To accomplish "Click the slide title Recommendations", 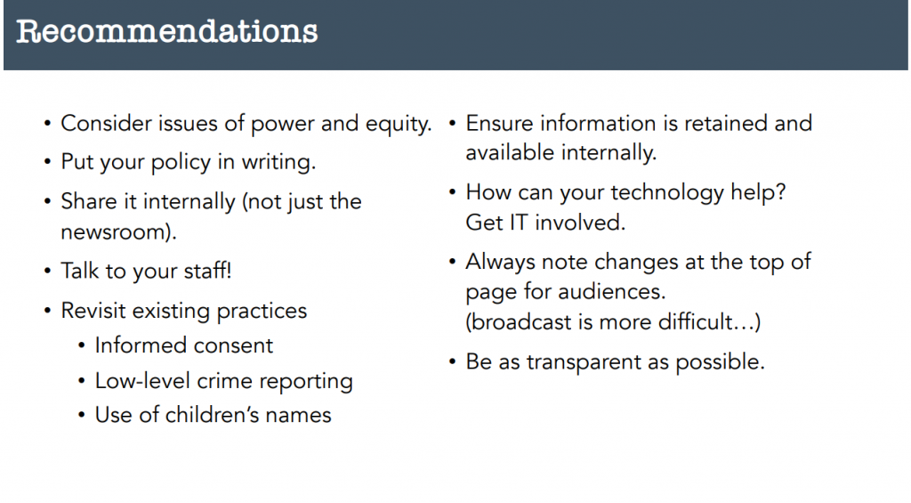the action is point(166,31).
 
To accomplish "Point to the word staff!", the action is point(207,271).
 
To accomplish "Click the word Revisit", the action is point(93,311).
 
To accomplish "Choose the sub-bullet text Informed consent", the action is point(183,345).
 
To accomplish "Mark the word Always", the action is point(500,263).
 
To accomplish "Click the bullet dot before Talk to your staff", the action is point(48,271).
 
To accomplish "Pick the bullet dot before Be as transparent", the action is point(453,362).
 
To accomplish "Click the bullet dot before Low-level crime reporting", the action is point(82,382).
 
